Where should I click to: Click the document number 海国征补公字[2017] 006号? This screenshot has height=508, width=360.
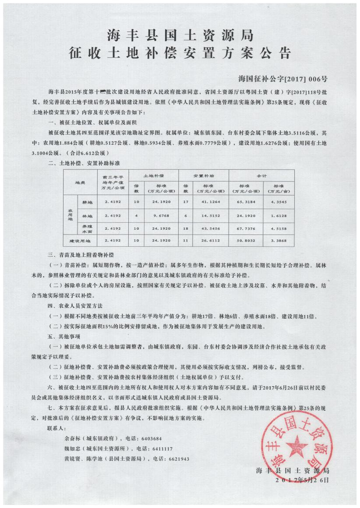[283, 79]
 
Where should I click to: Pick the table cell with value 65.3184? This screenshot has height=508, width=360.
[245, 202]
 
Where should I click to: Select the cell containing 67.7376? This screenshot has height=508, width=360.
[245, 228]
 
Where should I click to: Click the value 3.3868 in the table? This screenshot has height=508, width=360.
[279, 241]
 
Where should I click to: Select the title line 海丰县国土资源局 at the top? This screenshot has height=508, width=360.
[180, 35]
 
